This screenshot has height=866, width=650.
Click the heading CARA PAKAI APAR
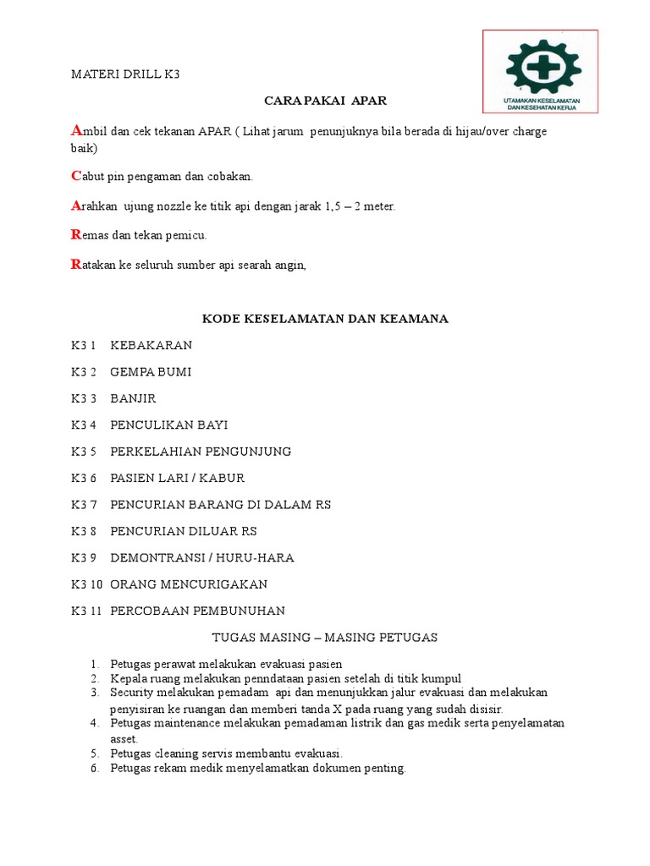325,101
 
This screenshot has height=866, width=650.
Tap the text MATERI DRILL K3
125,74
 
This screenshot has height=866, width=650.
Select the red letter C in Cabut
75,176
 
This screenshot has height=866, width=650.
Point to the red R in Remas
75,234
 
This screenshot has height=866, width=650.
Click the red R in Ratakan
75,265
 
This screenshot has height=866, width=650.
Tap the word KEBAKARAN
151,345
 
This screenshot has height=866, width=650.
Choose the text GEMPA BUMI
151,371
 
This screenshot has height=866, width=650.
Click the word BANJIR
133,397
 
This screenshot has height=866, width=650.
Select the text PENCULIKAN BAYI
168,425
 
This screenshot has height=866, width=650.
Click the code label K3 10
86,584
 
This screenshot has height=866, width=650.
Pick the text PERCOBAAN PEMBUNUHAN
197,610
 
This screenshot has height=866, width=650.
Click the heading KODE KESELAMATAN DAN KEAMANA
324,319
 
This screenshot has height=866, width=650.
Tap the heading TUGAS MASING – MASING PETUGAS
323,637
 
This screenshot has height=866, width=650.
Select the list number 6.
94,768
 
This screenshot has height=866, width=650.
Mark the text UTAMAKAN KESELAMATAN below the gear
540,101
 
